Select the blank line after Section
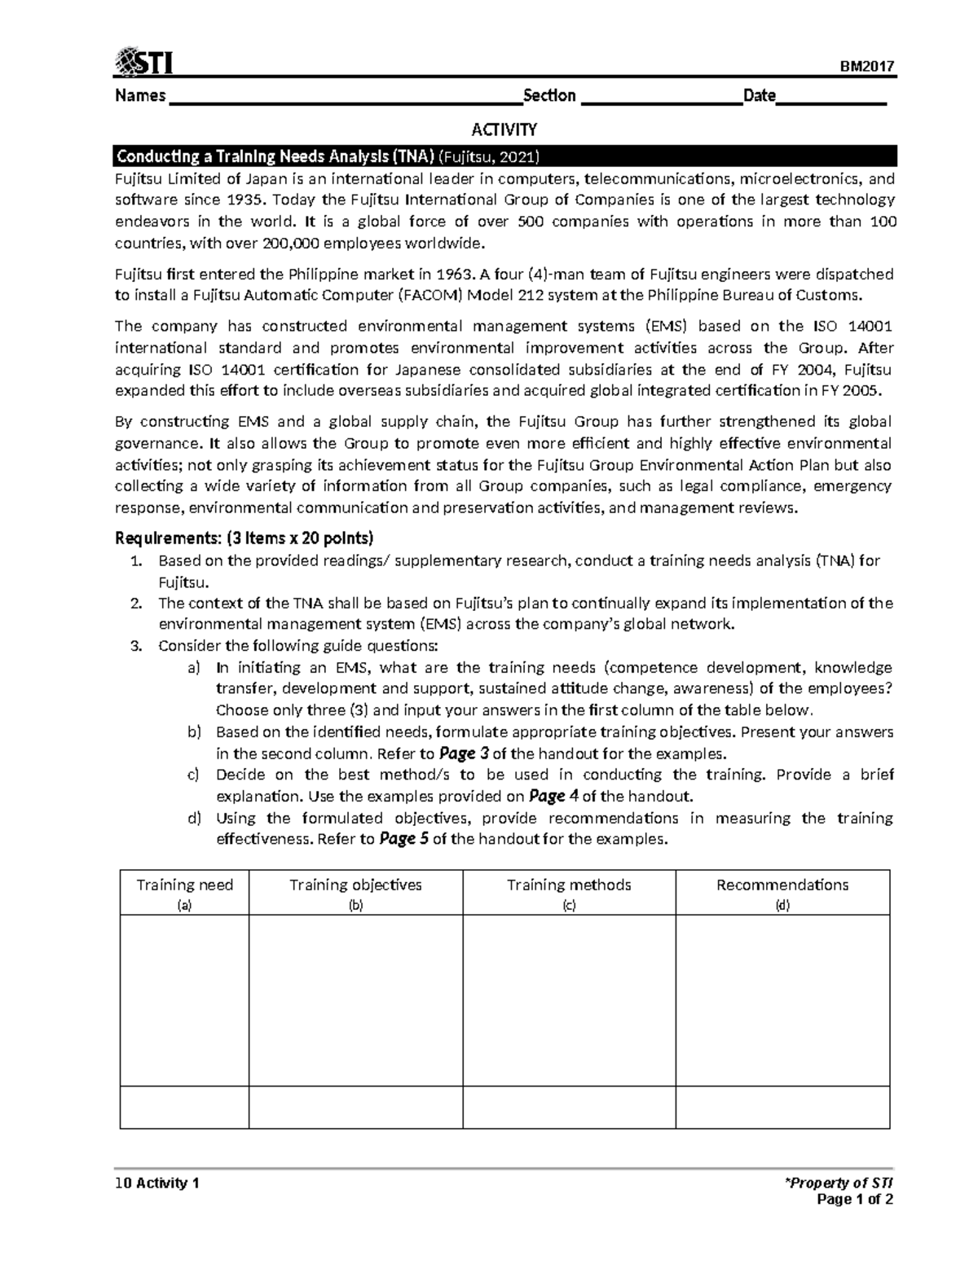pos(661,98)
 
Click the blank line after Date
pos(830,98)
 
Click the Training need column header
pos(184,885)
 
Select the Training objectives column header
pos(355,885)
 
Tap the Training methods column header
pos(569,885)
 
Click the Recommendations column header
pos(782,885)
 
